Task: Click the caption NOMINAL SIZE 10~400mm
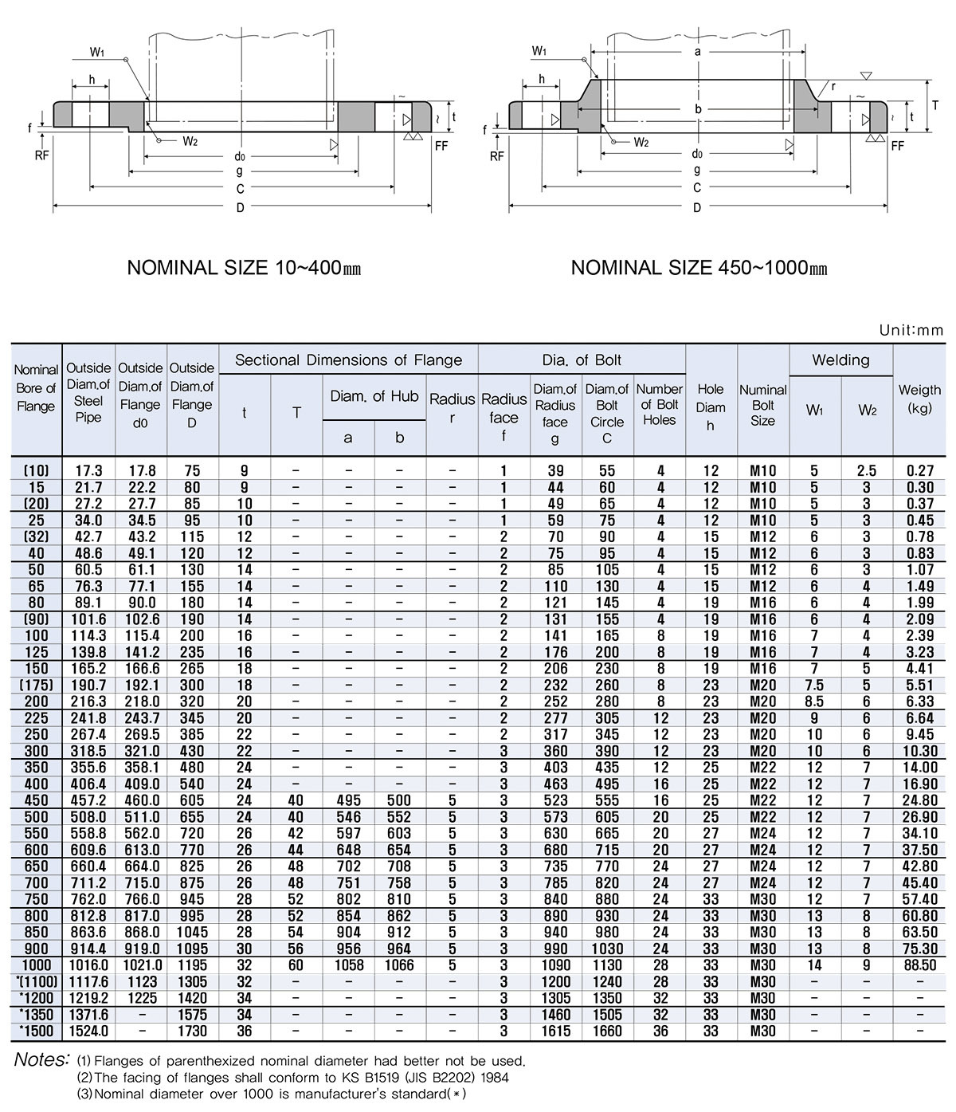(x=244, y=268)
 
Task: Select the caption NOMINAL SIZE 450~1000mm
(x=699, y=268)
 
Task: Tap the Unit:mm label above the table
(x=911, y=330)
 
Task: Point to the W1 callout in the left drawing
(x=98, y=53)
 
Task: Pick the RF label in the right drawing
(x=497, y=155)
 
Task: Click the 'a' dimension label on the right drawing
(x=698, y=51)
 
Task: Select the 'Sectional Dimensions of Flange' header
(x=348, y=360)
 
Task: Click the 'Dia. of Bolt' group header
(x=582, y=360)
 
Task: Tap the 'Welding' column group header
(x=840, y=360)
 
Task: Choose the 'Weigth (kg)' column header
(x=919, y=399)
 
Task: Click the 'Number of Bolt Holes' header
(x=659, y=404)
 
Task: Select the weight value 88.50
(x=920, y=965)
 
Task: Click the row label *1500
(x=36, y=1031)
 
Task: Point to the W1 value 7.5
(x=814, y=686)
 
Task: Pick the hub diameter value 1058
(x=348, y=965)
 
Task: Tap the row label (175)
(x=36, y=686)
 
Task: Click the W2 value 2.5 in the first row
(x=867, y=471)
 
